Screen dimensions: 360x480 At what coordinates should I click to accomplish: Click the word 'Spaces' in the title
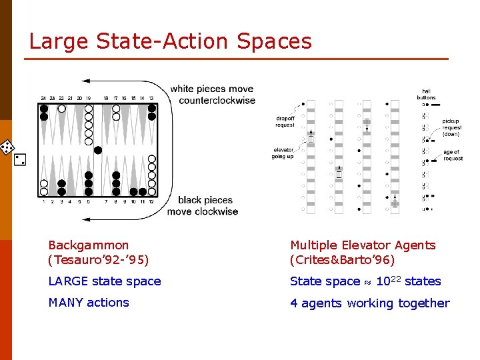(x=274, y=41)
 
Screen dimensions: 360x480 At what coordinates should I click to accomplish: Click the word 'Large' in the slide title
(x=59, y=41)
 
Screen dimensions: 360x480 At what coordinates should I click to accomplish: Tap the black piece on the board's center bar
(x=98, y=150)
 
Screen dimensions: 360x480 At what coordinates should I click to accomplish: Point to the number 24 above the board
(x=43, y=98)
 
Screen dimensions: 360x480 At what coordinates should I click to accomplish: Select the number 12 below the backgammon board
(x=152, y=201)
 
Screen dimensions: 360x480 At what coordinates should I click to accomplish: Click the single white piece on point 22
(x=62, y=108)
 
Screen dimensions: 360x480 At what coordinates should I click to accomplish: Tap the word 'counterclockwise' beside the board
(x=217, y=101)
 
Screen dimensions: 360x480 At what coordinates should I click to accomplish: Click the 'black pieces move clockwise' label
(x=203, y=206)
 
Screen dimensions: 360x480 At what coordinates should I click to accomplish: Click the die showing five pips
(x=7, y=147)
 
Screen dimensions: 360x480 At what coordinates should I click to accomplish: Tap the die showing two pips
(x=19, y=160)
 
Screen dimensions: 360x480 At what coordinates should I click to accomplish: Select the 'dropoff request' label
(x=285, y=122)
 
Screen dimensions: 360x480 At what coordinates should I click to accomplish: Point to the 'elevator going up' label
(x=283, y=153)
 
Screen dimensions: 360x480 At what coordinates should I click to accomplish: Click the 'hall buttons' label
(x=426, y=95)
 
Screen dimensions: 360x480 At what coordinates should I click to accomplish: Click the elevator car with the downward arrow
(x=367, y=124)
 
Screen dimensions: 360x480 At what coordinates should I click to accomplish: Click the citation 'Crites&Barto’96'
(x=342, y=260)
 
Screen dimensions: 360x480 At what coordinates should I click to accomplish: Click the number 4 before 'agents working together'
(x=294, y=303)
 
